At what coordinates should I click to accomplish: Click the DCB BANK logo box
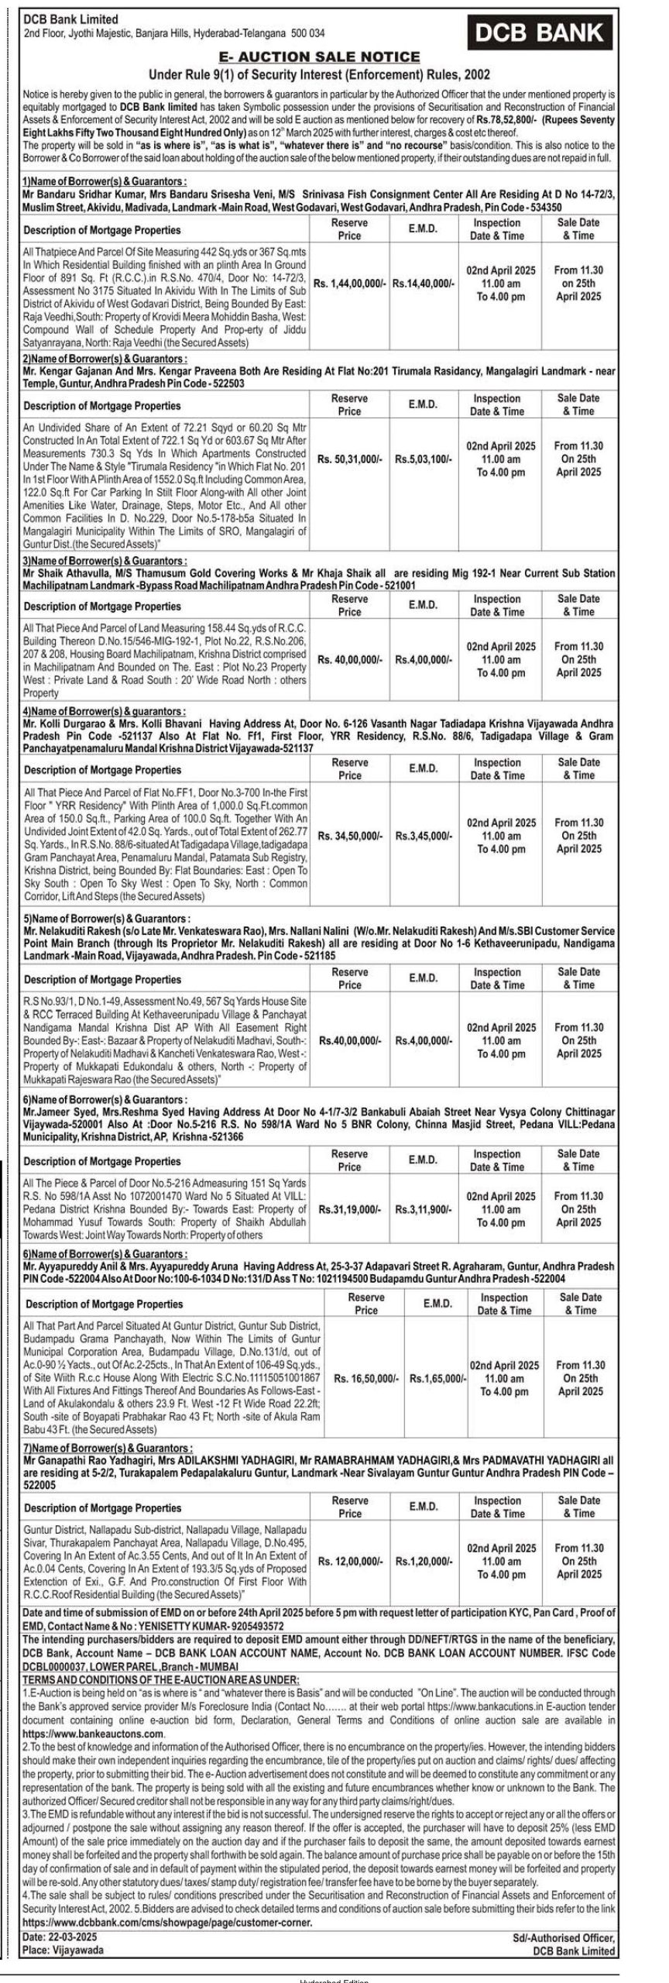(x=540, y=32)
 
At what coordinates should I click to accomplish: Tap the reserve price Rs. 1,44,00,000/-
(x=349, y=284)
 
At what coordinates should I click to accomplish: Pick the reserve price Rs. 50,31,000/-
(x=349, y=459)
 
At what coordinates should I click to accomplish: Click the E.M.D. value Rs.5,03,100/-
(x=423, y=459)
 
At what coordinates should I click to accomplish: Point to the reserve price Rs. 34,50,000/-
(x=349, y=837)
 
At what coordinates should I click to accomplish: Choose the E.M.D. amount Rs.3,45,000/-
(x=423, y=837)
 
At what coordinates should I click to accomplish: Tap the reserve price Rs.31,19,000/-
(x=349, y=1209)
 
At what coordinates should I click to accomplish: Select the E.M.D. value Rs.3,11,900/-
(x=423, y=1209)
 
